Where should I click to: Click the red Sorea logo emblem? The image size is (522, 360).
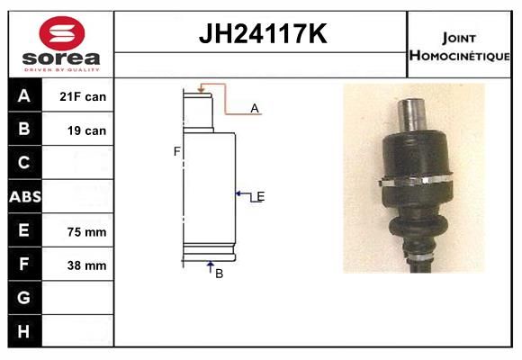[x=62, y=33]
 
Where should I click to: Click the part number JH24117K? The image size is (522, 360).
[x=263, y=33]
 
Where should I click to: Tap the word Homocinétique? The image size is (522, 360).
[x=459, y=56]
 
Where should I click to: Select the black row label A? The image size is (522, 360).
[x=24, y=95]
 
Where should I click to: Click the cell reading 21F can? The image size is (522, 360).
[x=83, y=96]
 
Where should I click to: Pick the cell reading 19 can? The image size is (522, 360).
[x=87, y=130]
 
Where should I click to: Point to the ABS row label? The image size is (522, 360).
[x=25, y=196]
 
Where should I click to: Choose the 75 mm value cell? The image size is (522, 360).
[x=87, y=232]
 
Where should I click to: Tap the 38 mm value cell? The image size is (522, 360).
[x=87, y=265]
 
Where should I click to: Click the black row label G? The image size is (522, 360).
[x=24, y=297]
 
